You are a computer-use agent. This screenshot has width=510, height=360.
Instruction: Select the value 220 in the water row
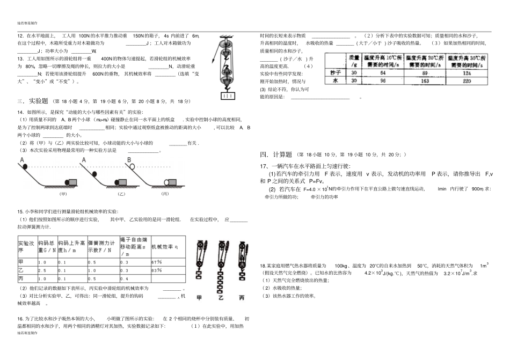pos(467,80)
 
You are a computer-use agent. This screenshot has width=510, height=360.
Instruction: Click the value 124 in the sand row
pos(467,72)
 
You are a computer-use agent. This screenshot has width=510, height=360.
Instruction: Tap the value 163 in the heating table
pos(424,80)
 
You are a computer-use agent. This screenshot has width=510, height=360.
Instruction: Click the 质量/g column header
pos(354,60)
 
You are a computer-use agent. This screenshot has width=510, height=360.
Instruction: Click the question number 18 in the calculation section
pos(263,266)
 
